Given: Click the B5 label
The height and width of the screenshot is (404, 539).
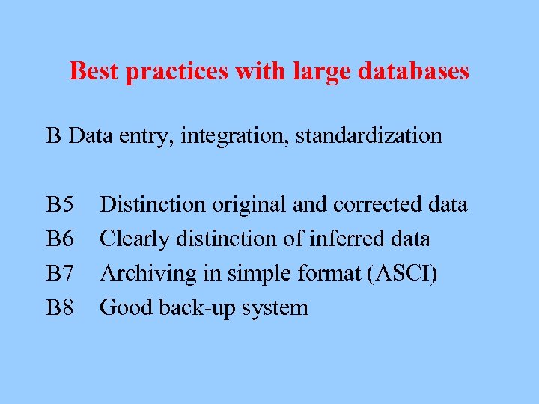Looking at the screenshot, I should (x=60, y=204).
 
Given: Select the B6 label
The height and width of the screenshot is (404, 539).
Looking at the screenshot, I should (x=60, y=239).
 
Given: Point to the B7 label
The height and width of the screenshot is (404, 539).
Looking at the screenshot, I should (x=60, y=273).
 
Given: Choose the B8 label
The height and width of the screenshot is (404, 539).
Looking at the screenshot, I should (x=60, y=307).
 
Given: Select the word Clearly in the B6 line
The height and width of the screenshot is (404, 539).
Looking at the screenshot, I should (x=133, y=240).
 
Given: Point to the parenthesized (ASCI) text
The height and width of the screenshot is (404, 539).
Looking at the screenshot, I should (x=401, y=274).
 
